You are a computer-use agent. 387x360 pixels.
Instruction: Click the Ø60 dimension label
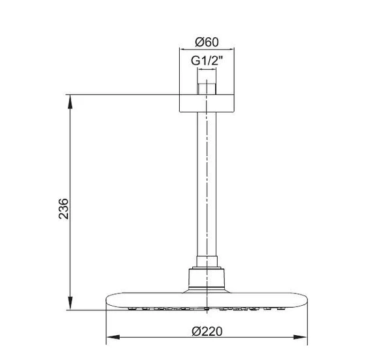coord(207,42)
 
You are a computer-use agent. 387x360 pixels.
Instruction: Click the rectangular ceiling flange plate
coord(207,103)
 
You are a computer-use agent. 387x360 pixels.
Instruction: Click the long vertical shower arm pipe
coord(207,183)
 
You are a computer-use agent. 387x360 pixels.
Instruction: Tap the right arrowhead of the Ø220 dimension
coord(303,338)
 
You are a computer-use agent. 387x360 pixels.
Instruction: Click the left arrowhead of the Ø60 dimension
coord(182,51)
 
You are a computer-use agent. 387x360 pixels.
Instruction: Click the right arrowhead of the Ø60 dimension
coord(231,51)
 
